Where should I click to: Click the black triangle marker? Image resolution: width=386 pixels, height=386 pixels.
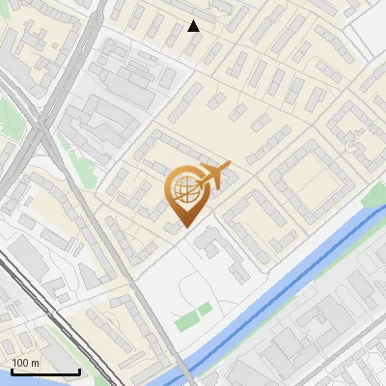click(x=194, y=26)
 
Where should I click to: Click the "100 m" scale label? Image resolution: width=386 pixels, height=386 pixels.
click(x=26, y=363)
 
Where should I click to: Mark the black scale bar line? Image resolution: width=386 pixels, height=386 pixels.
click(x=44, y=372)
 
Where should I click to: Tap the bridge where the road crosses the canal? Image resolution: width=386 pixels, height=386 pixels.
click(x=185, y=372)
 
